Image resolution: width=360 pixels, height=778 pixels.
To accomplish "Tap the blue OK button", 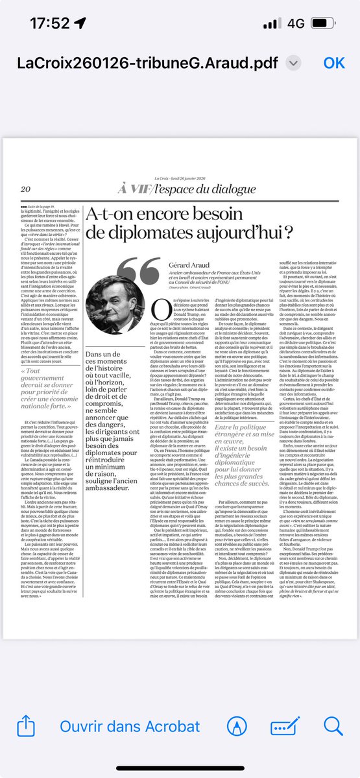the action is (x=335, y=62).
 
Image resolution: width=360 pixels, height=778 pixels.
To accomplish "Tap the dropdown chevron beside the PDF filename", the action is (x=294, y=63).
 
